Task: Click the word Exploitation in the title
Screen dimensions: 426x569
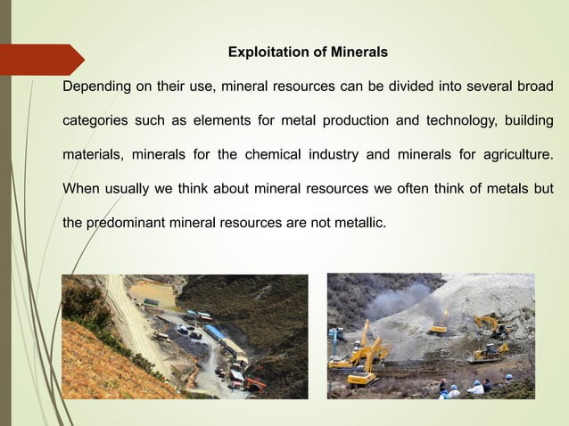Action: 264,53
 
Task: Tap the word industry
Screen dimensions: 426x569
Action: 333,154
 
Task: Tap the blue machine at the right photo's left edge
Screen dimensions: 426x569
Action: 336,335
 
